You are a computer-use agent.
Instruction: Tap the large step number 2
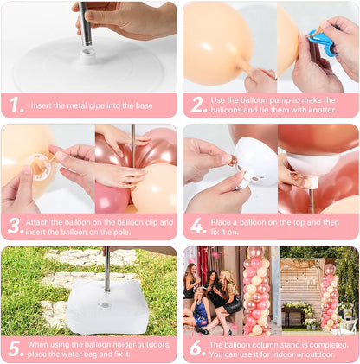point(198,105)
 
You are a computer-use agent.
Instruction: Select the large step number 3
point(16,226)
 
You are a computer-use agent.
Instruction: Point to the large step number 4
point(198,226)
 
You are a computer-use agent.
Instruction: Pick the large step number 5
point(16,348)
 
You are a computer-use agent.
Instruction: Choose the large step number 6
point(197,348)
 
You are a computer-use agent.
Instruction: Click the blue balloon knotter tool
point(322,42)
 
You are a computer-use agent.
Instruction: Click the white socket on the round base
point(88,56)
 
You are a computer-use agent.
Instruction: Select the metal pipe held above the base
point(85,23)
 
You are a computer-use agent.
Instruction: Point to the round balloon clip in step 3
point(39,167)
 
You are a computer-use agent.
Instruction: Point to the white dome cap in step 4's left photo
point(255,163)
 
